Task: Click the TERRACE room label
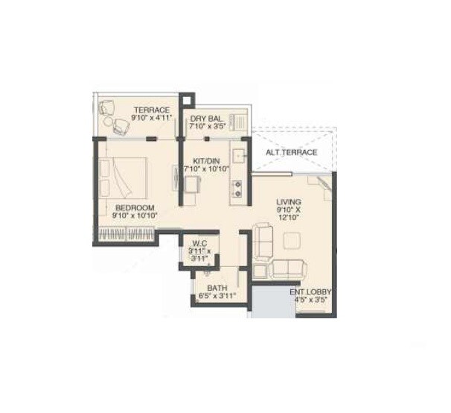(152, 110)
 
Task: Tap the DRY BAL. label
(205, 119)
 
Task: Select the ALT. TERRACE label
(292, 153)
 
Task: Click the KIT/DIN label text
(205, 160)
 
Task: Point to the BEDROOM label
(135, 207)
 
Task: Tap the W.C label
(198, 243)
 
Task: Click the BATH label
(217, 287)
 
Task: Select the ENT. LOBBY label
(310, 291)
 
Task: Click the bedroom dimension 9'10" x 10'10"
(135, 216)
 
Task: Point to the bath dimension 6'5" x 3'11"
(217, 296)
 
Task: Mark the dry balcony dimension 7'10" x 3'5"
(205, 127)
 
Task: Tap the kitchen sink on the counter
(238, 157)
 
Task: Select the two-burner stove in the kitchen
(238, 186)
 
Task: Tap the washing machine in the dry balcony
(238, 121)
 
